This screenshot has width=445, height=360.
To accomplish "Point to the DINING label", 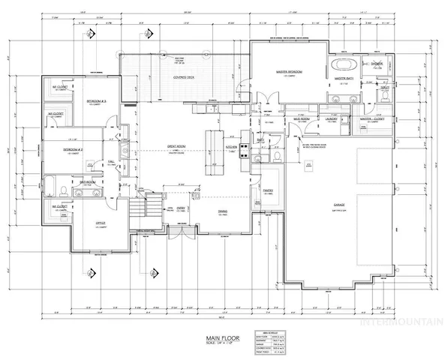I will (x=223, y=211).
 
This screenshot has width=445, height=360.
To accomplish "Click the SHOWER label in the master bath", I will (x=377, y=64).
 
